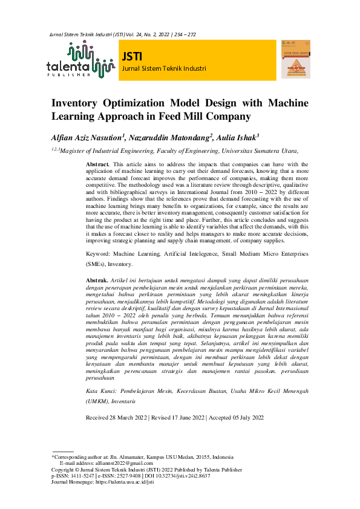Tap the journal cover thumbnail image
(296, 59)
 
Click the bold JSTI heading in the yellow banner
(132, 56)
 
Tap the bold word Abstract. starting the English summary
(97, 164)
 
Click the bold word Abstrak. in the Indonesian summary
(97, 281)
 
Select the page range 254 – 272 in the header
(184, 35)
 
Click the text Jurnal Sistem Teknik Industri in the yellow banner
(164, 68)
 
